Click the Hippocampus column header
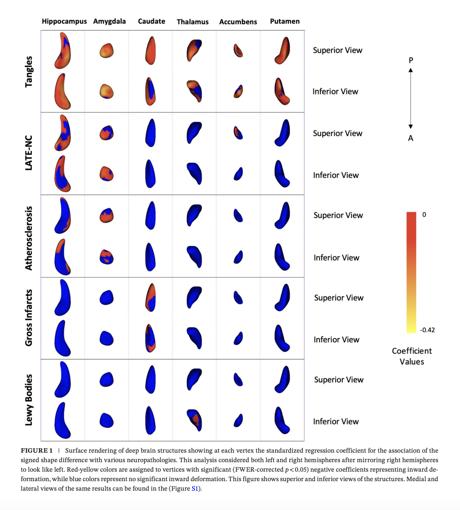tap(64, 21)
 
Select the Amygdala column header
tap(109, 21)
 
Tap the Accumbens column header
tap(238, 22)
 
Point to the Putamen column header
tap(285, 21)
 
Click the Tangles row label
tap(29, 72)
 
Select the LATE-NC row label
tap(29, 153)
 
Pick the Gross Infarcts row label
tap(29, 318)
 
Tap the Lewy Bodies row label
tap(29, 400)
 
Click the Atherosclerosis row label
tap(29, 238)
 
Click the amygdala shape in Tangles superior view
tap(106, 51)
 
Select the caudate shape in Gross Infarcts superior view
tap(151, 298)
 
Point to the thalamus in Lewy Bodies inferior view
tap(195, 420)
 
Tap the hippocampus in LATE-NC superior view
tap(63, 133)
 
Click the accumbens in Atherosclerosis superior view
tap(238, 215)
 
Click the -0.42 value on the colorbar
tap(427, 330)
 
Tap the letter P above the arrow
tap(411, 60)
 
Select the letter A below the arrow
tap(411, 138)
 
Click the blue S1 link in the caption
tap(195, 489)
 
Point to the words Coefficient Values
tap(412, 356)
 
